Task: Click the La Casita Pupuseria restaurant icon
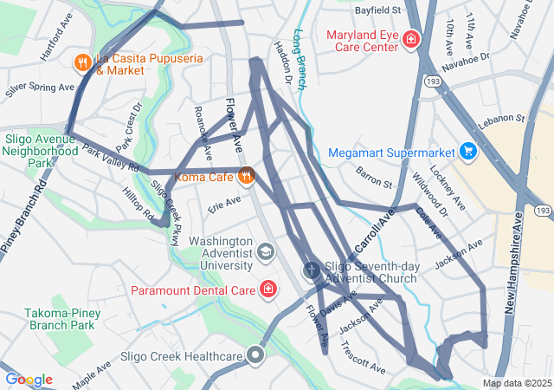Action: point(83,62)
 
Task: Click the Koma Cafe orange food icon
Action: point(247,176)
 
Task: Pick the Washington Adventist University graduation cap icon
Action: point(266,251)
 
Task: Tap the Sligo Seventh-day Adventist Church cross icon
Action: point(312,271)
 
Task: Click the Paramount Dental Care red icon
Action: point(268,289)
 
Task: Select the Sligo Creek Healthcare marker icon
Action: point(255,355)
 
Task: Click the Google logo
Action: point(29,380)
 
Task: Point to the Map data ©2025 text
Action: point(516,383)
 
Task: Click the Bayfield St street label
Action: point(379,10)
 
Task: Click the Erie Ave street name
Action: point(223,206)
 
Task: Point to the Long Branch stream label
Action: point(300,61)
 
